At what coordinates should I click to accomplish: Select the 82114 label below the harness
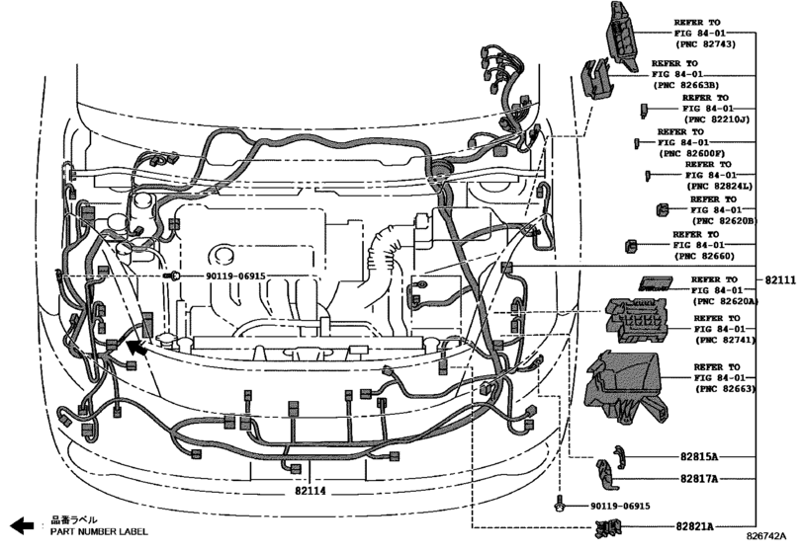coord(311,491)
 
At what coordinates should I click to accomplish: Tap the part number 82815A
coord(699,458)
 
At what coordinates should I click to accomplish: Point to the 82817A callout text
coord(699,479)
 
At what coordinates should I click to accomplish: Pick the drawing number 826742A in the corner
coord(772,537)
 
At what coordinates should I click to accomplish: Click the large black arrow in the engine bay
coord(134,347)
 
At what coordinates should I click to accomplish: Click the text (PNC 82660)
coord(704,257)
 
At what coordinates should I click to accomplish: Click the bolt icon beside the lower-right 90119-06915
coord(561,506)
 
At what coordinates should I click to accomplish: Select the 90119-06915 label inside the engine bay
coord(235,277)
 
